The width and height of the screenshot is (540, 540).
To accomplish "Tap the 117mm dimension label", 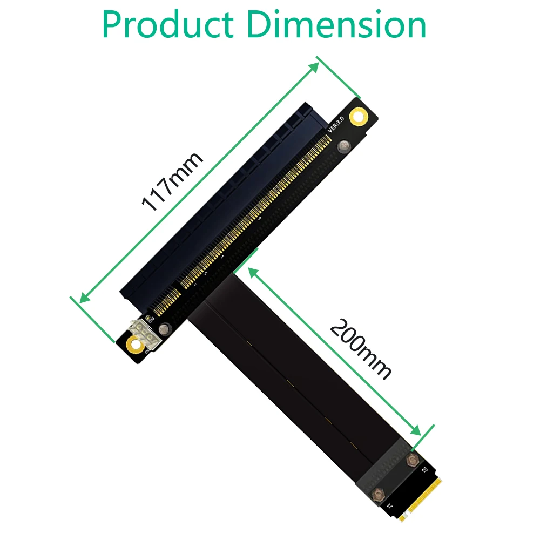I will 172,180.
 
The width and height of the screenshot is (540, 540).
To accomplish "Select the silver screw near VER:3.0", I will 343,145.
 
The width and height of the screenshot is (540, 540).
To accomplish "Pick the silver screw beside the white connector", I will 165,327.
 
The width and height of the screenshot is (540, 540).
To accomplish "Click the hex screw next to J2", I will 413,460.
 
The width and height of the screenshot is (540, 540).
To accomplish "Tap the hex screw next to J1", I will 379,492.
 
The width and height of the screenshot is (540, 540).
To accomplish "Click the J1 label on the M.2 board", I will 389,505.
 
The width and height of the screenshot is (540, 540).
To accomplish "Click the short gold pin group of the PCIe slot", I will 167,302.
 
